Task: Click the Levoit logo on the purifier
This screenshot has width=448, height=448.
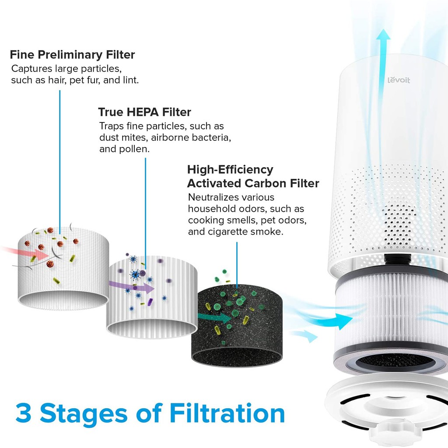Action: [399, 80]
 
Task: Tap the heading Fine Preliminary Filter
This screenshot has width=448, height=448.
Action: [72, 55]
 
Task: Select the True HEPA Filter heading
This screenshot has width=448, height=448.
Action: [144, 112]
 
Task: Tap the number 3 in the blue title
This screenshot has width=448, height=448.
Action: [24, 413]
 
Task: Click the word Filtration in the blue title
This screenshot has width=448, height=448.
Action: [227, 413]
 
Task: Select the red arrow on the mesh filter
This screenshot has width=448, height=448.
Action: [26, 253]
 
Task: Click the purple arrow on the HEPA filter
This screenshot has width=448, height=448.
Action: [131, 287]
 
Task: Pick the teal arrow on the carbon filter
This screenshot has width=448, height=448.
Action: [214, 317]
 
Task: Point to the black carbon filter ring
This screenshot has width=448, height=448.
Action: [237, 325]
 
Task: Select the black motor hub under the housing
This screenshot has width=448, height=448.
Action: [398, 259]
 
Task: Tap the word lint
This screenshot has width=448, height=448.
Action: [131, 80]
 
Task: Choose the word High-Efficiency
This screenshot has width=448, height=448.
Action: [230, 170]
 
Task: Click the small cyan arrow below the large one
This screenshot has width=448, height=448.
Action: [304, 336]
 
